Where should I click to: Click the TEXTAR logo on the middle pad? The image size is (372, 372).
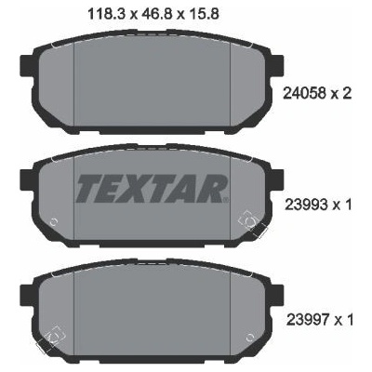153,189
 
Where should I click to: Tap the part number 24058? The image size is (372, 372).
304,93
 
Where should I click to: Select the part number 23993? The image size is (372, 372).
306,205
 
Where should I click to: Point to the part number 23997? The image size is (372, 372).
308,320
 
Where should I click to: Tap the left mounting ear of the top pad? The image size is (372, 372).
27,65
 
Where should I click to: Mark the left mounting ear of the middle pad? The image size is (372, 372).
27,179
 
